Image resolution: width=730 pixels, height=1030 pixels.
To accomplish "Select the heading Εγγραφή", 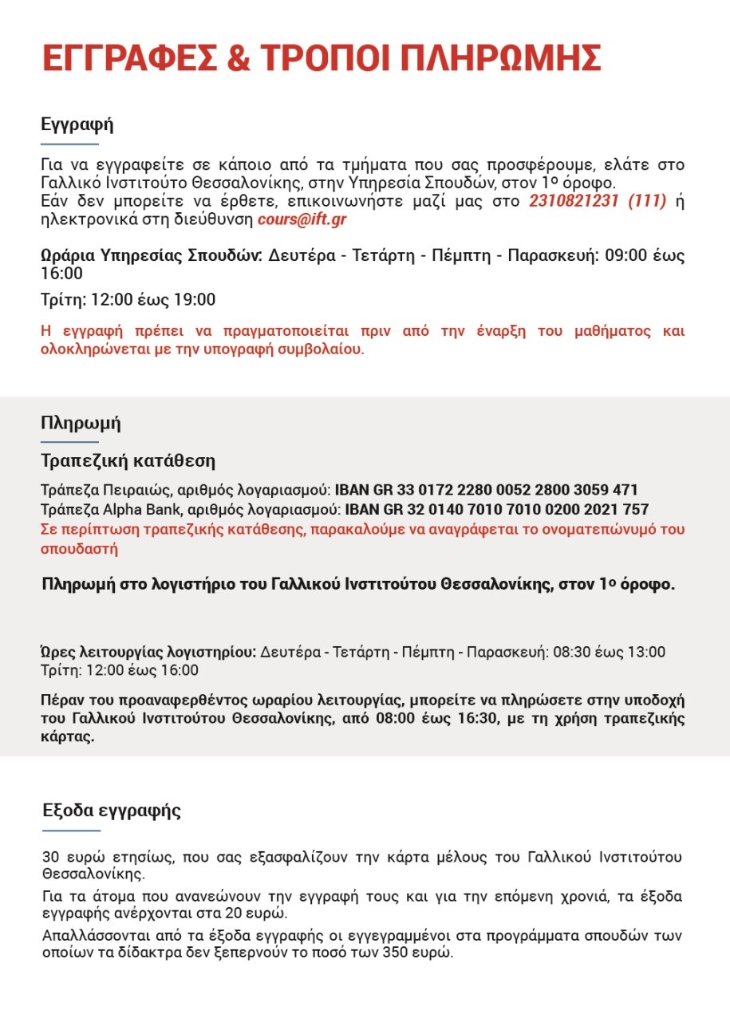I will (77, 124).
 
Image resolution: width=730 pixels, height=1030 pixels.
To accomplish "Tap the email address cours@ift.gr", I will (302, 218).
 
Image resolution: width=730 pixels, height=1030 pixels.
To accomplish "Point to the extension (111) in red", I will (647, 201).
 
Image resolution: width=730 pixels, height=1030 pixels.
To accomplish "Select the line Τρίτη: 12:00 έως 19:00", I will (128, 300).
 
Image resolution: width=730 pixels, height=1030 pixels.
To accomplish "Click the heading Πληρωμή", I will (81, 423).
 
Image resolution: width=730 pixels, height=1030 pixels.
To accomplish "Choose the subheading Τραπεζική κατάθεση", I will (128, 461).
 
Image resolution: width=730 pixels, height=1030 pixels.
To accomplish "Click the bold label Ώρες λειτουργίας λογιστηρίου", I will (148, 652).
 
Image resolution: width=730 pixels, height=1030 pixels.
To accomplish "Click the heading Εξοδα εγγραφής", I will (112, 811).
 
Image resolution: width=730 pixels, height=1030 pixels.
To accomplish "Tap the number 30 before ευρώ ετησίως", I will (51, 858).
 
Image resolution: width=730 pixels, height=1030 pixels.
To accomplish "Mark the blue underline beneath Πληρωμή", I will (69, 441).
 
